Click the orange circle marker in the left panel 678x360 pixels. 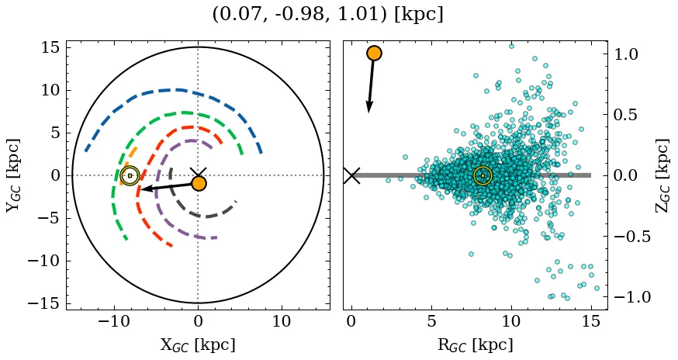[x=199, y=184]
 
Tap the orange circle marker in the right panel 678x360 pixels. [x=374, y=53]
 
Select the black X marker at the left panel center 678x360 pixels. [x=198, y=175]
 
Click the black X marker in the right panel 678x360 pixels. [x=351, y=175]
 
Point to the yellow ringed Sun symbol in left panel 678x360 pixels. [x=130, y=176]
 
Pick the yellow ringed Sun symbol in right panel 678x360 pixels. [x=483, y=176]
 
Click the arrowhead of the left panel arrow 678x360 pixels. [x=144, y=189]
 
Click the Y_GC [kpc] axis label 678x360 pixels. [x=12, y=175]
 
